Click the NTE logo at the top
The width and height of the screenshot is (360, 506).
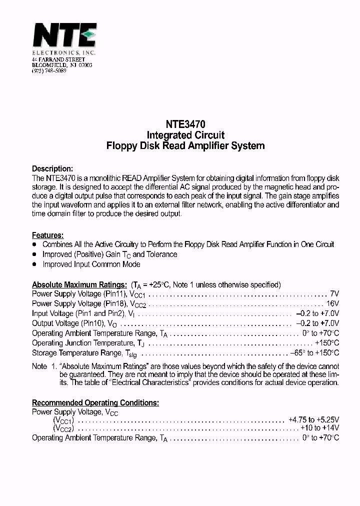pos(64,35)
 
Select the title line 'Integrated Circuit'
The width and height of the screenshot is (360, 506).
pos(185,135)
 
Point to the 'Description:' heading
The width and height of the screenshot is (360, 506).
pos(52,168)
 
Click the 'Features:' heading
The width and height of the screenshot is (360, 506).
pos(47,235)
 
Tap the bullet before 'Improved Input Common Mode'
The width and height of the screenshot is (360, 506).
pos(34,264)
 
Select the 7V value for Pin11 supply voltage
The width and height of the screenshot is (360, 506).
pos(334,294)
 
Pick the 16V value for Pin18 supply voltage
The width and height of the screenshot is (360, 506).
pos(332,303)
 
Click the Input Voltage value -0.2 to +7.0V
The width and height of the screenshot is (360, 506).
pos(317,313)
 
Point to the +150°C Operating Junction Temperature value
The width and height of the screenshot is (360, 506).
pos(327,343)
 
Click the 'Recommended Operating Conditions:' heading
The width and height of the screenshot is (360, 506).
pos(95,402)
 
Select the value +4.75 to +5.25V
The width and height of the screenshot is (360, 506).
pos(313,420)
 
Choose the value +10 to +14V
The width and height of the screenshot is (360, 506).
pos(319,428)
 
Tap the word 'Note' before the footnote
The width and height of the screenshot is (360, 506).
pos(39,366)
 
